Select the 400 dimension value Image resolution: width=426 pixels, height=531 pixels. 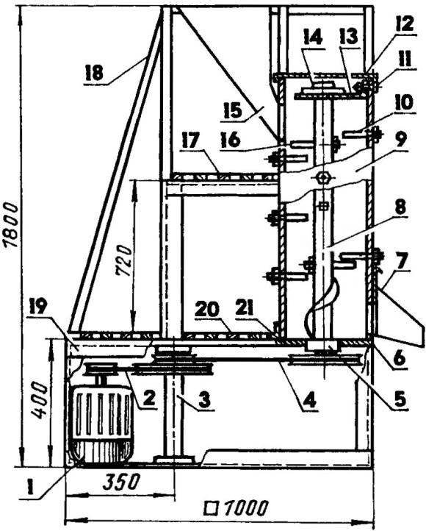(x=40, y=400)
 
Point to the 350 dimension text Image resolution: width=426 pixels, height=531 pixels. (x=121, y=482)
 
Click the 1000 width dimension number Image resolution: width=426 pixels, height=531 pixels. (x=246, y=508)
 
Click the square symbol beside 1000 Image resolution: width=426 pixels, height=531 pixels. (x=212, y=508)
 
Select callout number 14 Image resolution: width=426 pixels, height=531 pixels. (x=312, y=37)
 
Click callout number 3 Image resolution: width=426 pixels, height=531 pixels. (x=204, y=399)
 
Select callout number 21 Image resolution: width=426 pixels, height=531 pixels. (x=253, y=310)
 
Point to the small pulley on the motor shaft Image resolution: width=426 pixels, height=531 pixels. (x=101, y=369)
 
